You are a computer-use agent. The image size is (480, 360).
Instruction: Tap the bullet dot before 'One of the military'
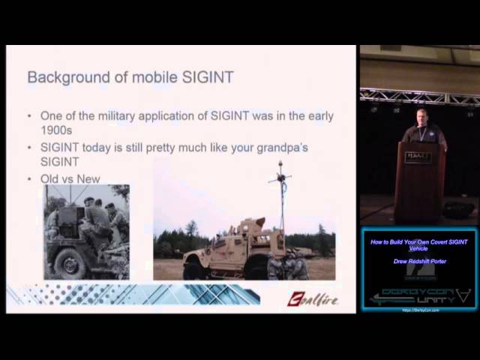(29, 116)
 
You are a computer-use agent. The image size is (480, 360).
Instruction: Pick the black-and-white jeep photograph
(86, 232)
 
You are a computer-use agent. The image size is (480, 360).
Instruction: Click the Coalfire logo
(312, 300)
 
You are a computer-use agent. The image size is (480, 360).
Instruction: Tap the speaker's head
(420, 116)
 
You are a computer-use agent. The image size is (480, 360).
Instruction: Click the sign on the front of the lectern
(418, 157)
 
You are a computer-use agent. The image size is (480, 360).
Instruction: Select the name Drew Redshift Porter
(418, 262)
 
